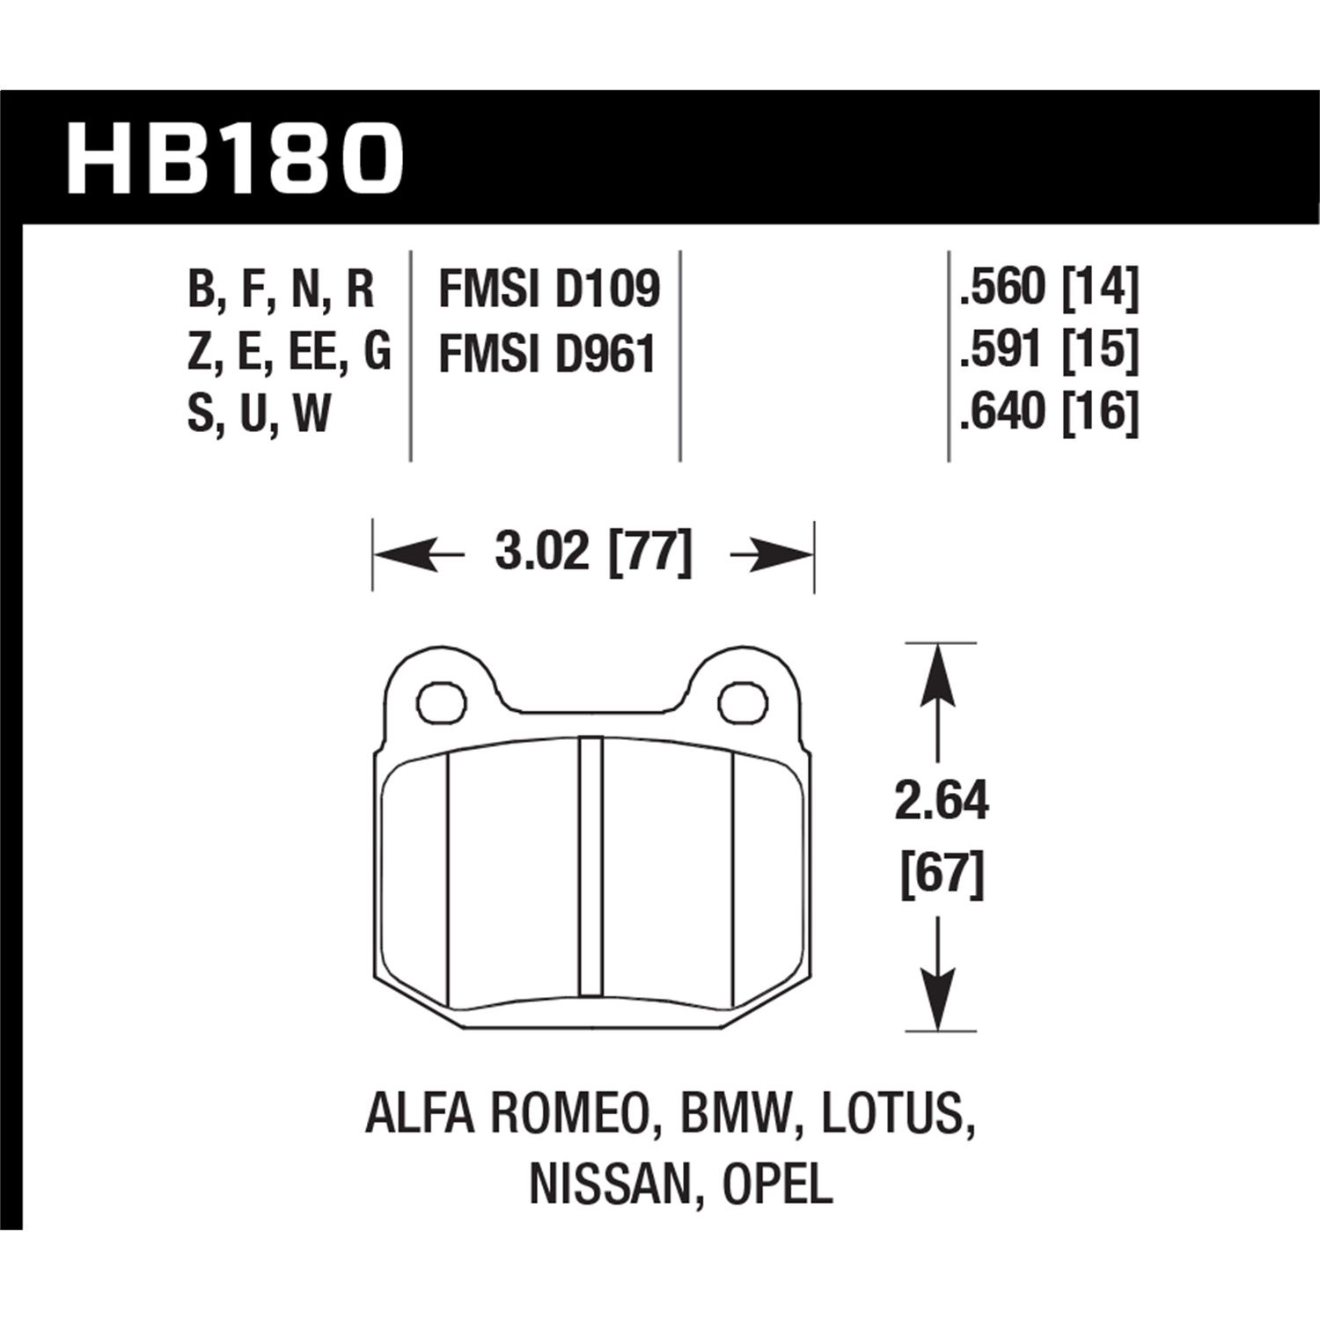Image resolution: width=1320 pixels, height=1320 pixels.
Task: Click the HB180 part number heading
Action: pos(235,159)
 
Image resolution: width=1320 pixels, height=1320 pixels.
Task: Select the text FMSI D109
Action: pos(548,290)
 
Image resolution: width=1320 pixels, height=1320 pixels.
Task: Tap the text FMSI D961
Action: pos(547,354)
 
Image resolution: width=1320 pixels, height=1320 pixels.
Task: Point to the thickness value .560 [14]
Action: pos(1049,288)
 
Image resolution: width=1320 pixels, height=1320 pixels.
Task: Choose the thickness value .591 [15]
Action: pos(1049,350)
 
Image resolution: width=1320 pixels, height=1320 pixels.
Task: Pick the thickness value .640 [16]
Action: pos(1049,413)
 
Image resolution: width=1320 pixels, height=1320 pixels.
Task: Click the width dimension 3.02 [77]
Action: pos(593,554)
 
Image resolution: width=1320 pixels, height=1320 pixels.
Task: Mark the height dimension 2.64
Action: pos(941,803)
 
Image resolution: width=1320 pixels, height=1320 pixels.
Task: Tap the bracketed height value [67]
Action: pos(941,876)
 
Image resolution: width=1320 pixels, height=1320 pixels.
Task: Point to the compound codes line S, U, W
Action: pos(259,414)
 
